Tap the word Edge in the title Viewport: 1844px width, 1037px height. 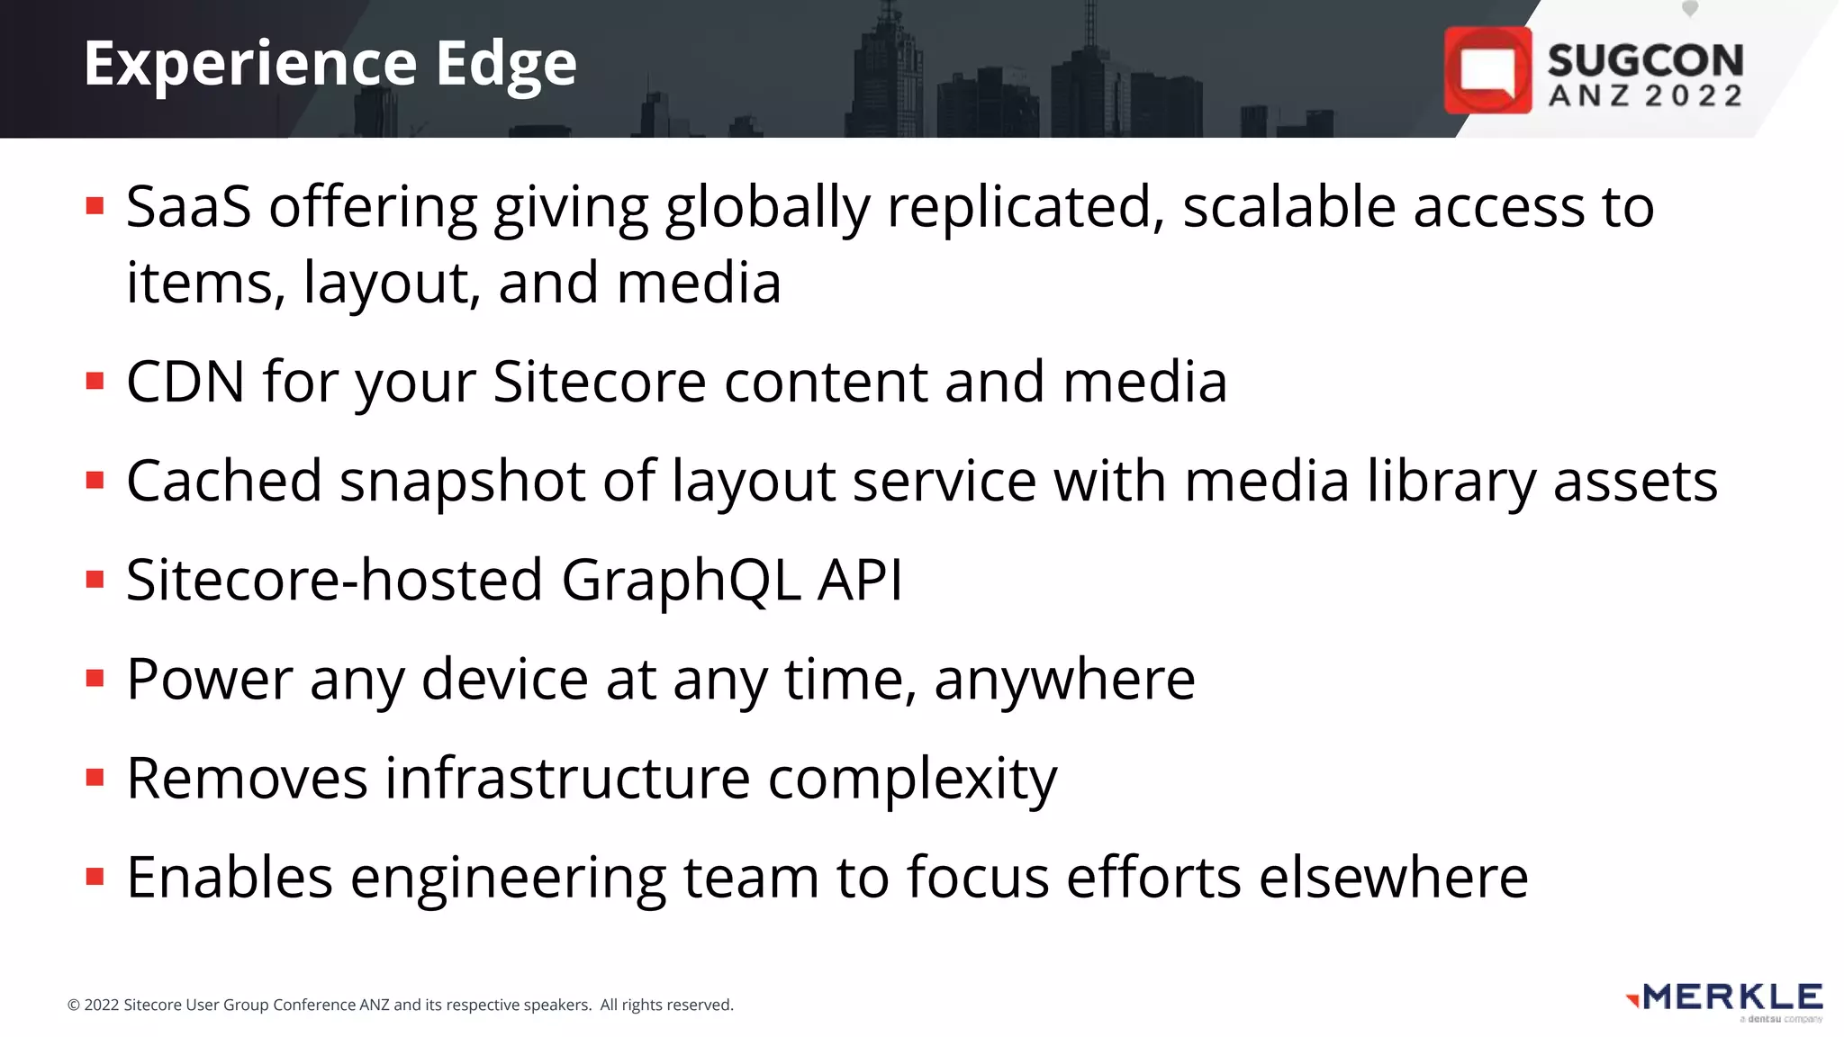point(506,66)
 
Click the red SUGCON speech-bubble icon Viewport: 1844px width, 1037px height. point(1487,70)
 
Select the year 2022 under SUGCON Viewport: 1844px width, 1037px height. point(1694,96)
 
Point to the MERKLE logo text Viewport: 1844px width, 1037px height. point(1732,997)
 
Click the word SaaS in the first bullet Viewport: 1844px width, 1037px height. point(188,207)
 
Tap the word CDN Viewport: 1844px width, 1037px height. point(185,382)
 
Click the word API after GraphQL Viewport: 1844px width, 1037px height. point(859,580)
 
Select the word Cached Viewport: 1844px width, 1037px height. point(223,481)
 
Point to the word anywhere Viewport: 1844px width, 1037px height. point(1064,679)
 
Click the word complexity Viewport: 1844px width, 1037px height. point(912,779)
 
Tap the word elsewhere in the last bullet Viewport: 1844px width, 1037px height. point(1393,878)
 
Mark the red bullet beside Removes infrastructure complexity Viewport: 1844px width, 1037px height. point(95,777)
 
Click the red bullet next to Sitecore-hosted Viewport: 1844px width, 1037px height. point(95,579)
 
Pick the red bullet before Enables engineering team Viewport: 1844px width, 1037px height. point(95,876)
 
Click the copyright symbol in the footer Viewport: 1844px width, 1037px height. point(74,1005)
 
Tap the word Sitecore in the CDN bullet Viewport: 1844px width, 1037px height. point(600,382)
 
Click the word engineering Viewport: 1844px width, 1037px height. point(508,879)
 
